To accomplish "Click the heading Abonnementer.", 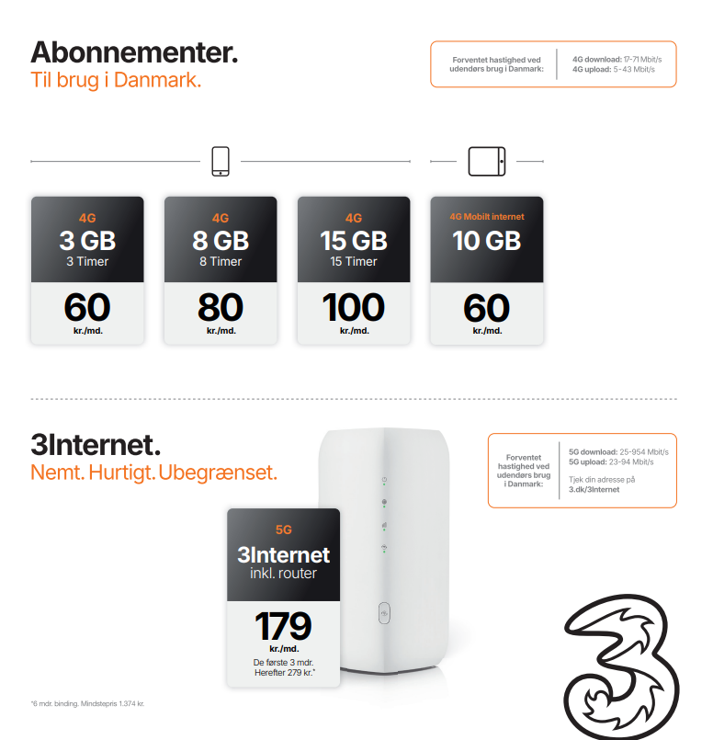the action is (134, 52).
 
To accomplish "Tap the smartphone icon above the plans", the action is (221, 162).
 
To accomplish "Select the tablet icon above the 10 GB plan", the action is (487, 162).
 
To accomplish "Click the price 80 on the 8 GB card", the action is (221, 307).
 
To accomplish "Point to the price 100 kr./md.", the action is (354, 313).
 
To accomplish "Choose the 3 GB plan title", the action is (87, 241).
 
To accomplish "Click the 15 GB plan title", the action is (354, 241).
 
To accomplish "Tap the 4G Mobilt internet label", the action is (487, 217).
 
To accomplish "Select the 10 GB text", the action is (487, 241).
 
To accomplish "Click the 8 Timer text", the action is (221, 261).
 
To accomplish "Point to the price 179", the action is (283, 626).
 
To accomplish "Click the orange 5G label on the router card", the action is (283, 529).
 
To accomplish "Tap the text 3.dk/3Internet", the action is (594, 489).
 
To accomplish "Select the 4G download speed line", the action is (617, 60).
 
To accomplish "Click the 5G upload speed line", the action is (611, 462).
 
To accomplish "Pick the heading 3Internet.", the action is (96, 445).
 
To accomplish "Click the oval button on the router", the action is (384, 613).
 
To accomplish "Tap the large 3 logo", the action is (621, 666).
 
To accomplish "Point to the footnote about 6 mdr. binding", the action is (87, 703).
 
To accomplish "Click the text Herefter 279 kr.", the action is (284, 673).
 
